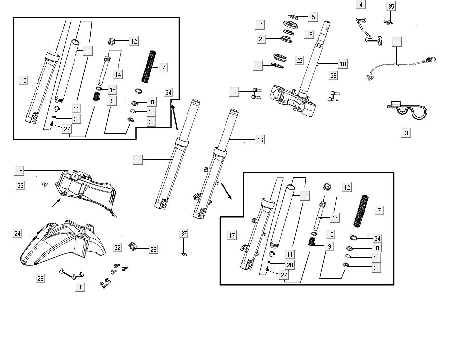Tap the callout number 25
click(20, 171)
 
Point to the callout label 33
click(20, 185)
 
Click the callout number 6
click(138, 160)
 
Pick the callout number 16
click(260, 140)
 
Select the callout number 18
click(342, 64)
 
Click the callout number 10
click(24, 80)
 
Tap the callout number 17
click(232, 236)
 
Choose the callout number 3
click(406, 132)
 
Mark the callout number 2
click(397, 42)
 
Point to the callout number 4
click(361, 5)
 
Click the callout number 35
click(391, 6)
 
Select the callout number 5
click(313, 17)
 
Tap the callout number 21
click(261, 25)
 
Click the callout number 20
click(259, 66)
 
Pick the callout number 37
click(184, 233)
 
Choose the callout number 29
click(153, 250)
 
